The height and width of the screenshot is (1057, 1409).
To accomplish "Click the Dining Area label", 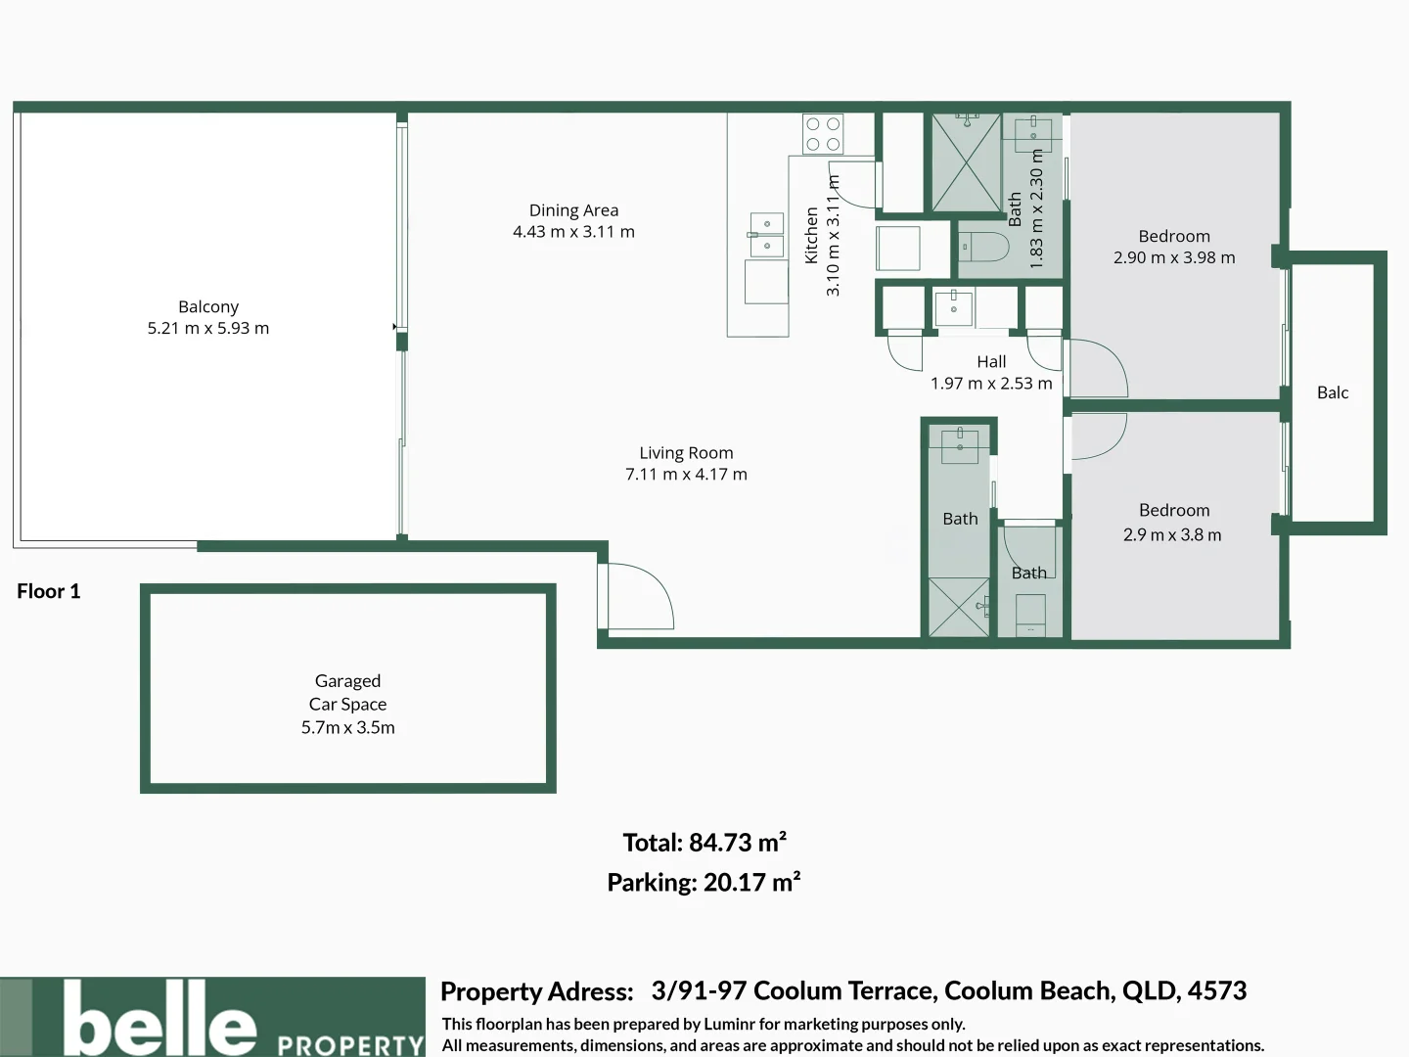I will click(x=573, y=210).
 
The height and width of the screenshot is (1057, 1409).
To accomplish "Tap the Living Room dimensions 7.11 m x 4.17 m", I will click(x=686, y=475).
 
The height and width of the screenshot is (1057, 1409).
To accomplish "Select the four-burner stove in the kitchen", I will click(x=823, y=134).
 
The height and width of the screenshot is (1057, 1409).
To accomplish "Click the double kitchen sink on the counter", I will click(x=766, y=235).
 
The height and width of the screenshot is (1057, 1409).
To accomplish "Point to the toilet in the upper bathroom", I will click(x=983, y=247).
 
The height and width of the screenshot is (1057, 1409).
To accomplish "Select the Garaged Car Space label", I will click(x=347, y=692).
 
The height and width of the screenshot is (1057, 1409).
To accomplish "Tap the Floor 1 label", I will click(x=48, y=591).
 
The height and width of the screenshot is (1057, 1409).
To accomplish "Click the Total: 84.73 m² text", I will click(x=704, y=843).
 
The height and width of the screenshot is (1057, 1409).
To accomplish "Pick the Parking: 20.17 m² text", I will click(x=704, y=883).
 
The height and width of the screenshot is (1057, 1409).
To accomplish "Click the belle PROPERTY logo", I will click(x=213, y=1018).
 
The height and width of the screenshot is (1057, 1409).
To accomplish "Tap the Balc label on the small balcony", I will click(x=1332, y=392).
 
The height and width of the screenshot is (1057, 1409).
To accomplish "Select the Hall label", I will click(x=991, y=362).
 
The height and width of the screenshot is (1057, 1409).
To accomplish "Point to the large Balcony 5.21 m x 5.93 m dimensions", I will click(x=208, y=329).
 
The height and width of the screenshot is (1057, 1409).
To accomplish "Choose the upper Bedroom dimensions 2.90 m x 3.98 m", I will click(x=1173, y=258).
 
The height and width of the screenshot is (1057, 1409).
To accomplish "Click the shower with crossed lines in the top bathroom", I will click(x=966, y=162).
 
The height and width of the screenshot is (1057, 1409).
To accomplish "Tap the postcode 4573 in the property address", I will click(x=1216, y=990).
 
